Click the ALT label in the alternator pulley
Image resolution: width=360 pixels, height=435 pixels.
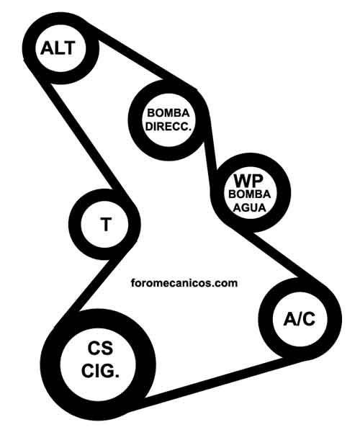click(x=58, y=48)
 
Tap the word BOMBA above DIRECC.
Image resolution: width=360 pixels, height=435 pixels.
click(x=168, y=113)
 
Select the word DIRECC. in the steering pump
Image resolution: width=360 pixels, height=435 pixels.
click(x=168, y=127)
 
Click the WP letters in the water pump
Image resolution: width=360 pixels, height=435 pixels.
click(x=248, y=181)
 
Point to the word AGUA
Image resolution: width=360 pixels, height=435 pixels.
click(x=249, y=207)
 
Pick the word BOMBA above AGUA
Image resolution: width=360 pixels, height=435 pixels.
click(x=249, y=194)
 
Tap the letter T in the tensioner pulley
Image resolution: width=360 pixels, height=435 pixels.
click(x=106, y=224)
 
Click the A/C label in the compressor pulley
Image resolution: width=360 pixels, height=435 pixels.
click(x=300, y=319)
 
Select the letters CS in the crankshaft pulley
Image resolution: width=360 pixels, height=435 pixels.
click(x=100, y=348)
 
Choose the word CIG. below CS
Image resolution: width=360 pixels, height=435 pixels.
click(x=100, y=371)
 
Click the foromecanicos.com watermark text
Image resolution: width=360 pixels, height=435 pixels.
click(x=184, y=283)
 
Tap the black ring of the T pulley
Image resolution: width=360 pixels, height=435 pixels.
click(x=75, y=224)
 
